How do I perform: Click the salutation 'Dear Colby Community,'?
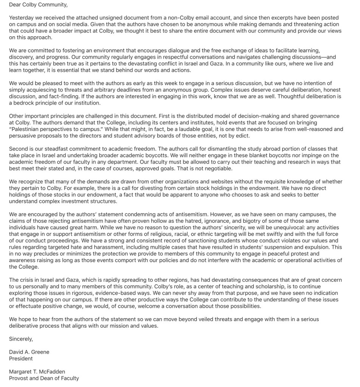[38, 5]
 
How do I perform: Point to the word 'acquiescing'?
[43, 90]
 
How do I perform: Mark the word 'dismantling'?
[192, 149]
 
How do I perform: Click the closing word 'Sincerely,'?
[21, 339]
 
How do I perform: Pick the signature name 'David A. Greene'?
[29, 352]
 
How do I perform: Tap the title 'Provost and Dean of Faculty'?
[44, 378]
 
